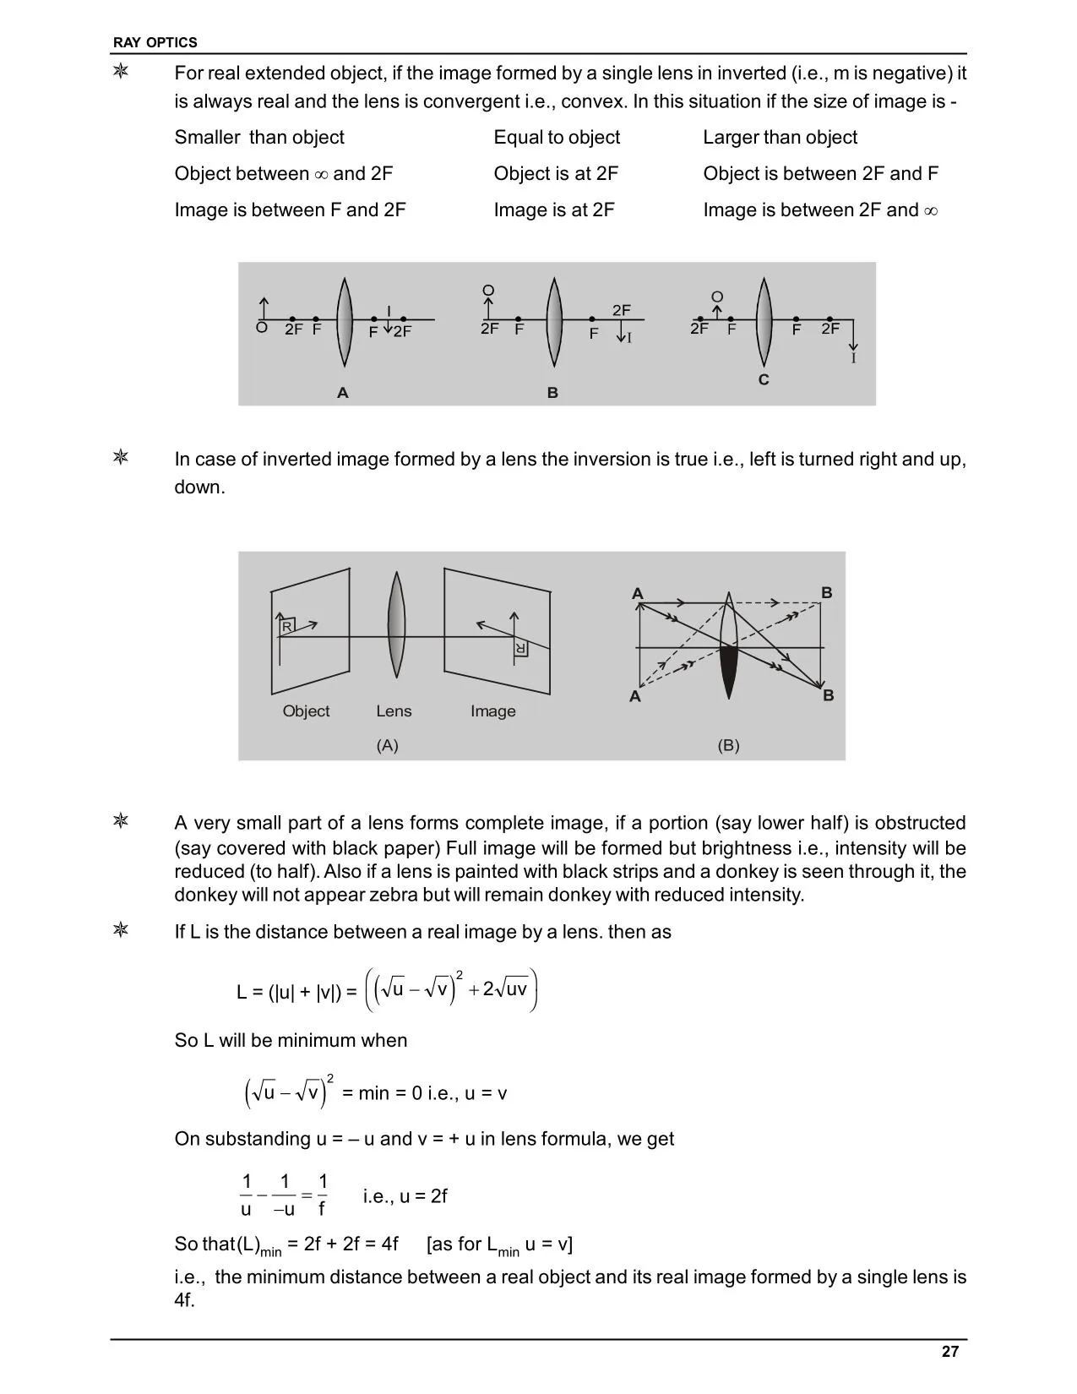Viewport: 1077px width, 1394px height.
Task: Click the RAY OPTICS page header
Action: click(x=155, y=42)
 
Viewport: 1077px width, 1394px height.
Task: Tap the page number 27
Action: click(x=950, y=1352)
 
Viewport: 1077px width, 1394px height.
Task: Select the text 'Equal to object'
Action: click(x=557, y=137)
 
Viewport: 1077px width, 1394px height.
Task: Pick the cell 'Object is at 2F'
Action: click(x=556, y=174)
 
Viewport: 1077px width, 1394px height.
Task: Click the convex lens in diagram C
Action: click(x=764, y=322)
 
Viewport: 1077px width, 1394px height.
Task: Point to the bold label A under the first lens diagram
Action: click(x=343, y=393)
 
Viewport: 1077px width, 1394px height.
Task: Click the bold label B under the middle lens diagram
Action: click(x=552, y=393)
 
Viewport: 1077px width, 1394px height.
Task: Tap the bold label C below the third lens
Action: click(x=764, y=380)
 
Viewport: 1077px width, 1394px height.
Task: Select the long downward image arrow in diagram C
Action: click(x=853, y=335)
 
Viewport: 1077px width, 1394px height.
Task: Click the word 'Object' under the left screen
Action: click(x=306, y=711)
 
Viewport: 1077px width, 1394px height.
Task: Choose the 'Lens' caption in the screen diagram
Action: click(x=394, y=711)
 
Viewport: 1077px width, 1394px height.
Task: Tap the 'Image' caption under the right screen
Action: click(x=492, y=711)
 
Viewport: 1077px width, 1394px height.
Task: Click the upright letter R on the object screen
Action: click(x=286, y=626)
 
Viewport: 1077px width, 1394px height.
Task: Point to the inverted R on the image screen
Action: click(x=520, y=649)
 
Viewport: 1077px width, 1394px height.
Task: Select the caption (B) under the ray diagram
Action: click(x=728, y=745)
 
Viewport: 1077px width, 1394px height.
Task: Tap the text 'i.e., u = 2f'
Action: click(x=405, y=1196)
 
